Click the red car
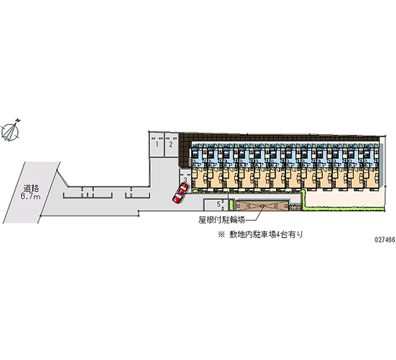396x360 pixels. point(179,193)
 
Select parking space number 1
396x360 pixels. point(157,145)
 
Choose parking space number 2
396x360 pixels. point(170,145)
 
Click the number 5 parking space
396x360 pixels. point(218,205)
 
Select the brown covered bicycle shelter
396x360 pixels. point(262,206)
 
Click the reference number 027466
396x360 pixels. point(379,238)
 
